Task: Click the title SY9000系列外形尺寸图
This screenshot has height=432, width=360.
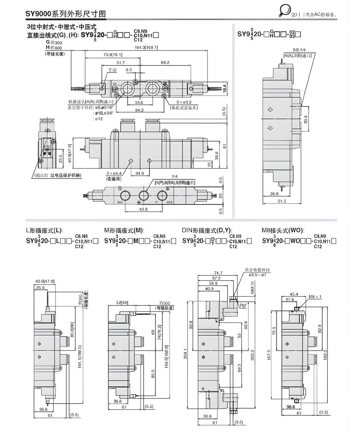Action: coord(66,14)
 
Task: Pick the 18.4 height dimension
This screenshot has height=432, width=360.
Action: coord(225,88)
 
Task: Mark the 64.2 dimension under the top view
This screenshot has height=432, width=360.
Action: coord(139,110)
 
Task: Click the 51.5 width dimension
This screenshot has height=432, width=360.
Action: coord(282,201)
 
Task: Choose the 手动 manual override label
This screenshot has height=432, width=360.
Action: coord(112,70)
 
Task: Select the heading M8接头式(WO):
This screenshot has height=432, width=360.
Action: coord(283,231)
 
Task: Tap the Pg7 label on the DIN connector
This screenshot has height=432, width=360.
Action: coord(243,305)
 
